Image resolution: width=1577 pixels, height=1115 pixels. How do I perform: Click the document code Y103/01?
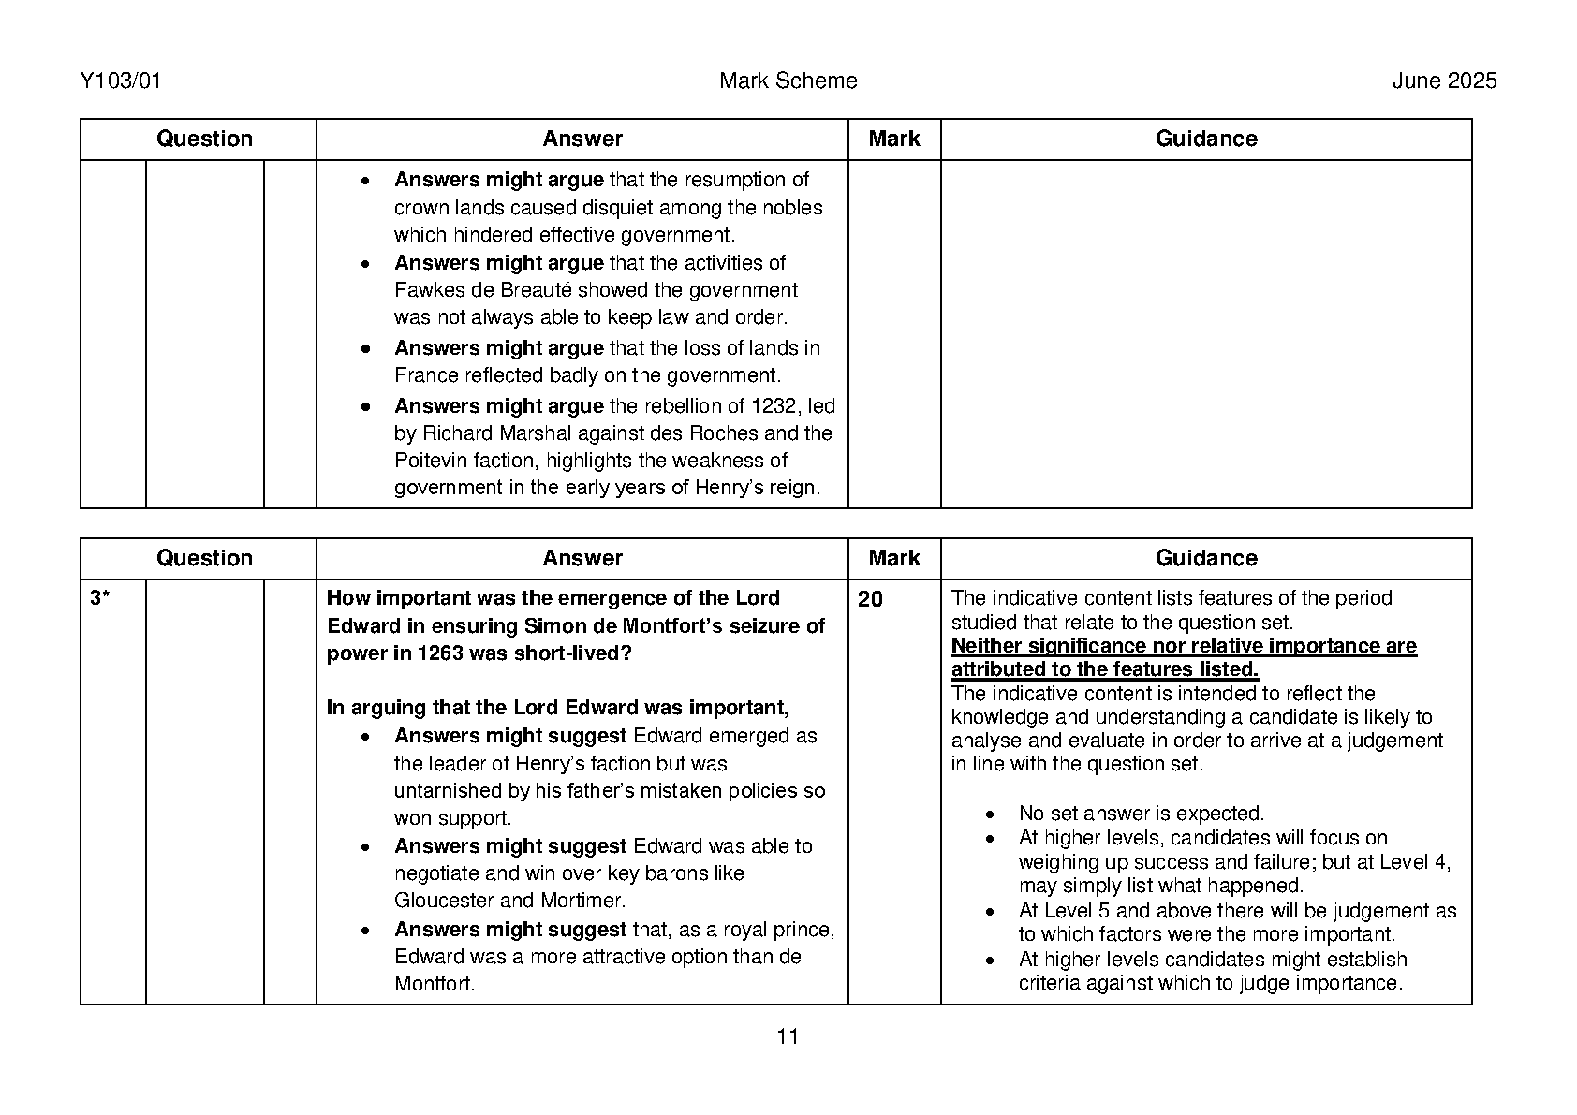[121, 81]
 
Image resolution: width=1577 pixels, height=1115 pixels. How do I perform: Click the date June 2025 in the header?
[1443, 81]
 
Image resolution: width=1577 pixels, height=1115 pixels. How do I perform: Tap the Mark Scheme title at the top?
[788, 81]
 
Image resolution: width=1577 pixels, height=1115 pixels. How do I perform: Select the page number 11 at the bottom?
[788, 1036]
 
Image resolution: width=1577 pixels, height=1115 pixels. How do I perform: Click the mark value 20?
[870, 599]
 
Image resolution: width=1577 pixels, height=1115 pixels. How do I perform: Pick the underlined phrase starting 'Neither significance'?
[1184, 657]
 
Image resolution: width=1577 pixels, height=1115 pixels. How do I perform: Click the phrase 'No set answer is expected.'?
[1142, 814]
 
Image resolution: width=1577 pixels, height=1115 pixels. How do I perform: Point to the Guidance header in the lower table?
[1206, 559]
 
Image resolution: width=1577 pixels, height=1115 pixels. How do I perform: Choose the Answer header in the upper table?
[582, 139]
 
